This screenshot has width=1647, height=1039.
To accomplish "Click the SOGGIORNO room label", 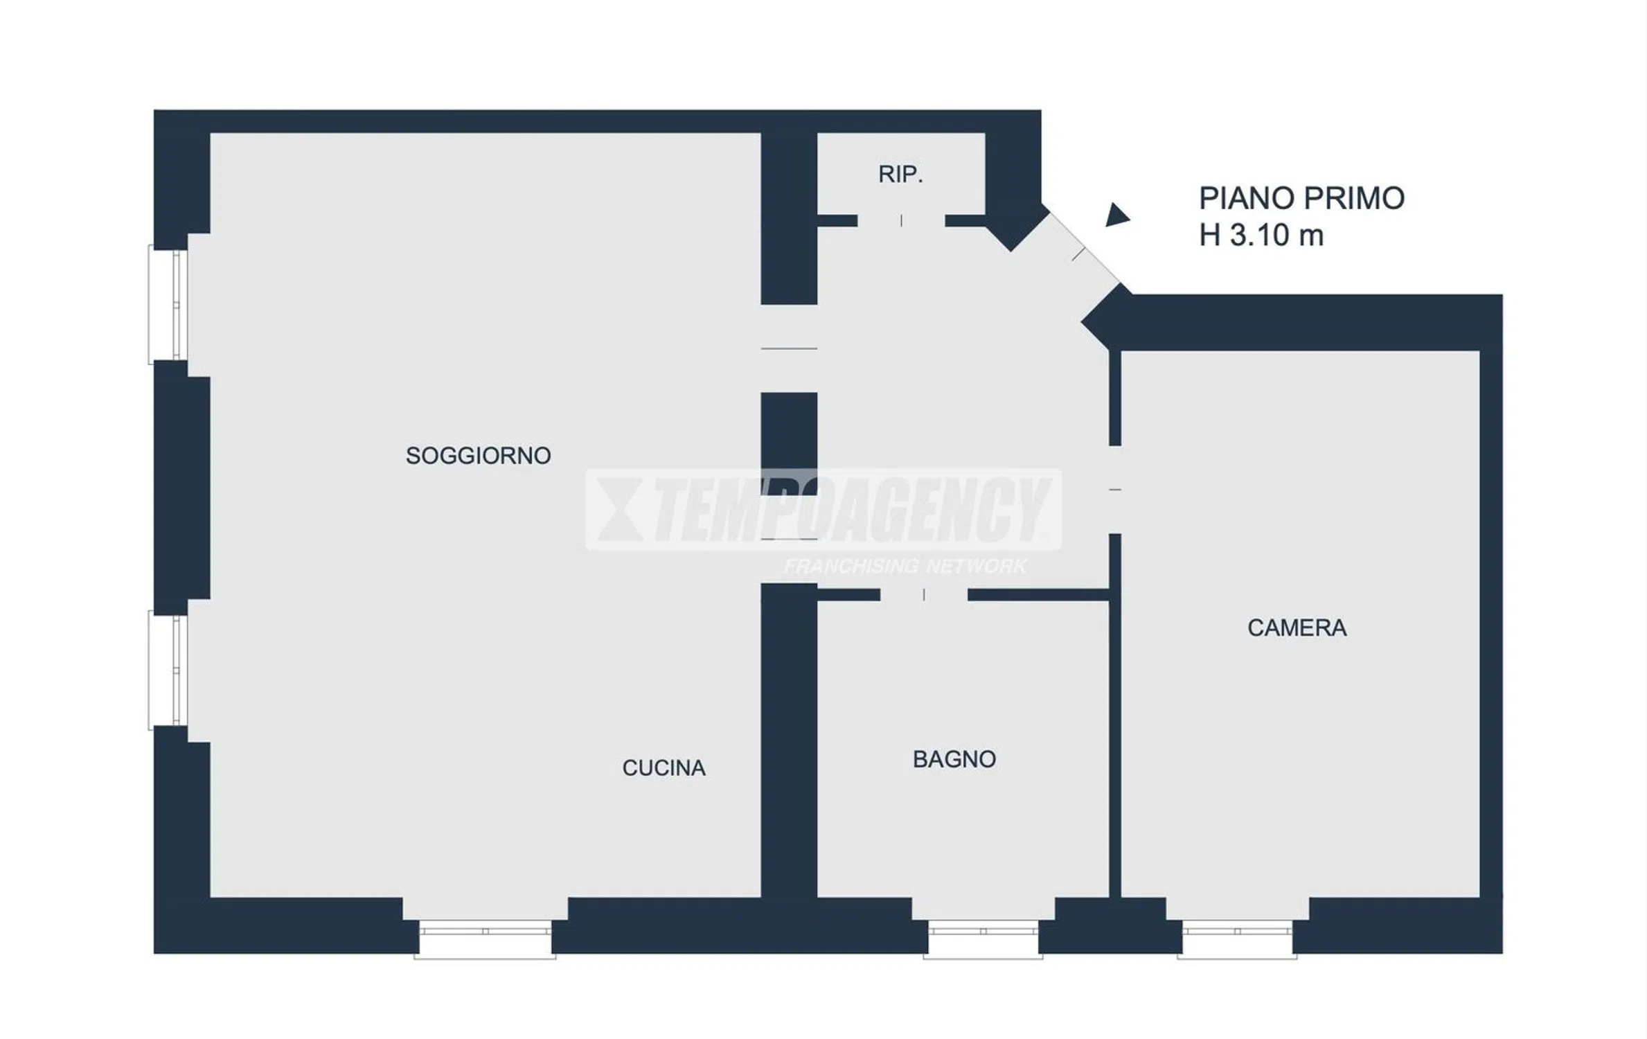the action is (478, 456).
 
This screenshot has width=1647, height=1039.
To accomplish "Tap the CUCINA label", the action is (664, 767).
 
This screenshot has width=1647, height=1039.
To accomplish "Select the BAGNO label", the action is (954, 759).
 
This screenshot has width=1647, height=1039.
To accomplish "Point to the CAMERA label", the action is (1297, 628).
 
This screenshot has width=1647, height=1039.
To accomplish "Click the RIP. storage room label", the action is (900, 175).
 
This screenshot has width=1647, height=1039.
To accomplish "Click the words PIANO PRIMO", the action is (1301, 198).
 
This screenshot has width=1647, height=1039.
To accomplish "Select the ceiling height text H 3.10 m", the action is (1261, 236).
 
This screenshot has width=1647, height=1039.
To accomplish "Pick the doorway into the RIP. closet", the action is (901, 220).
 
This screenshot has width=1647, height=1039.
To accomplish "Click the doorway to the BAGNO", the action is (924, 594).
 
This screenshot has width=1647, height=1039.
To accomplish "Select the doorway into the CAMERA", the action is (1115, 490).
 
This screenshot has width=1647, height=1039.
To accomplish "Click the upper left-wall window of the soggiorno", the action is (168, 305).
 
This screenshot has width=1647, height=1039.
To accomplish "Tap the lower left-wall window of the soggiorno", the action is (168, 671).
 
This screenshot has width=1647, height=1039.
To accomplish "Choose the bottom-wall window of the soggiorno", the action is (485, 939).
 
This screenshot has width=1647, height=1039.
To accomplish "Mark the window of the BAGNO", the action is (983, 939).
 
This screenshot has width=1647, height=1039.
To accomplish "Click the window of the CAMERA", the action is (1237, 939).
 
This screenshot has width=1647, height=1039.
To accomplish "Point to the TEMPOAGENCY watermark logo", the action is (823, 510).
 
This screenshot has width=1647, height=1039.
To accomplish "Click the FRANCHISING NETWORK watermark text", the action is (905, 567).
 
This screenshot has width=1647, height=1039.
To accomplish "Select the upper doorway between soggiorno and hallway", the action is (789, 348).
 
